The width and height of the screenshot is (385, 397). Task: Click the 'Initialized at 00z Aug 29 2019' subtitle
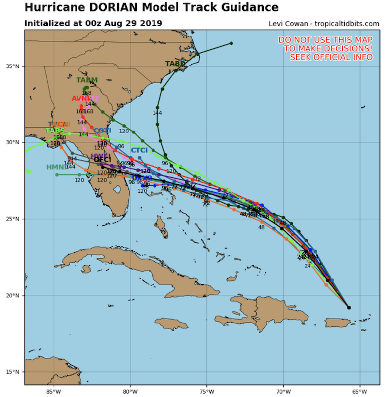point(93,23)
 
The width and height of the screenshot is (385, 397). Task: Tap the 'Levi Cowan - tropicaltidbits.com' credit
point(324,24)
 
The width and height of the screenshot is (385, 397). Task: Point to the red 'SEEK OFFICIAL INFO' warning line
point(331,57)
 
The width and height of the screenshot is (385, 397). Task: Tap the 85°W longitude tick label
point(54,390)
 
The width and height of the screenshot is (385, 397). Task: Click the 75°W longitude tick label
point(207,390)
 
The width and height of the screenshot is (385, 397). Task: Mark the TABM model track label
point(87,80)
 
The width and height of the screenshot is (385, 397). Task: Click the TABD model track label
point(175,64)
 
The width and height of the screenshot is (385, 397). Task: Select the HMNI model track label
point(56,167)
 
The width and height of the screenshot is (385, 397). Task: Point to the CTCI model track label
point(139,150)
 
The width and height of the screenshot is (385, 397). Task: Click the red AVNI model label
point(82,99)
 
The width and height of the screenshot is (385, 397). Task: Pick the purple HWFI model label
point(101,156)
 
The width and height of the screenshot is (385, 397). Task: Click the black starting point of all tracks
point(349,308)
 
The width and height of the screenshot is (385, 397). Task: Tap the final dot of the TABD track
point(231,43)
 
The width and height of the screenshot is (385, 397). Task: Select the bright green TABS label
point(55,131)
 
